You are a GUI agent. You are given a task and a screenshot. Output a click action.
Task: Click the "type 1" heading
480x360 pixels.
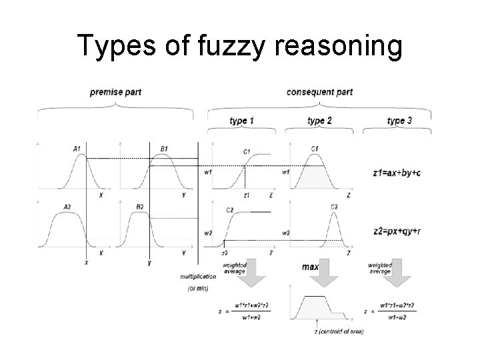[241, 121]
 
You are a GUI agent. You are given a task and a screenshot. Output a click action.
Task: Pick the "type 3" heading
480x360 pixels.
[399, 121]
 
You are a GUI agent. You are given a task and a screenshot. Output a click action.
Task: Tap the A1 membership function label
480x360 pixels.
[77, 149]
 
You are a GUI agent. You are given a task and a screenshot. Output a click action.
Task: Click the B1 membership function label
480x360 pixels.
[164, 149]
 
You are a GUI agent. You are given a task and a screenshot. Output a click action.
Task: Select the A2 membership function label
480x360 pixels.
[66, 207]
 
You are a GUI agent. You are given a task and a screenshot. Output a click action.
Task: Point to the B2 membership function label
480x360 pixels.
[139, 207]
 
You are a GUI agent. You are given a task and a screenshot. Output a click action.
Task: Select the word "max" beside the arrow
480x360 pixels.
[310, 267]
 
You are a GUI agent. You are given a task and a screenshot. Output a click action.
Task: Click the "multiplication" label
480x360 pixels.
[198, 276]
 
